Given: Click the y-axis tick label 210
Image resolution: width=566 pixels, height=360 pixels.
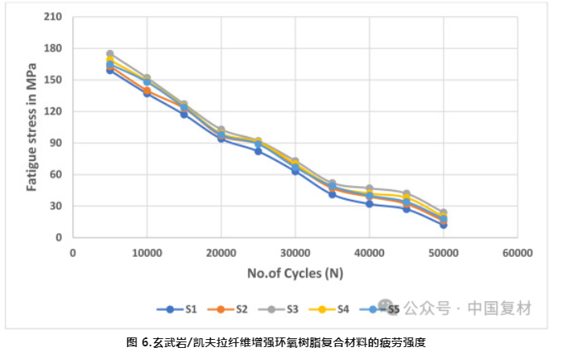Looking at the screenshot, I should click(x=52, y=17).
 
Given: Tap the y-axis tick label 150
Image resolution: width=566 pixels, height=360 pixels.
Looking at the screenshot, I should click(x=52, y=80).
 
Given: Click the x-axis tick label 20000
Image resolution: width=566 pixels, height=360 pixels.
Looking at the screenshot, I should click(x=221, y=252).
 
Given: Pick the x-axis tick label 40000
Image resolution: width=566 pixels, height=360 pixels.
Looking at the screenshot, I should click(x=369, y=252).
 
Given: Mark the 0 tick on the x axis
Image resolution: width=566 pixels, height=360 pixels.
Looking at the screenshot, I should click(x=72, y=252).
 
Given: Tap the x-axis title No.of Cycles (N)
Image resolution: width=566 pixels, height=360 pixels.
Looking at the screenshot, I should click(x=295, y=272).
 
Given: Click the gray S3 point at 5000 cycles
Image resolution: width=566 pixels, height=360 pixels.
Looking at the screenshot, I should click(x=109, y=54).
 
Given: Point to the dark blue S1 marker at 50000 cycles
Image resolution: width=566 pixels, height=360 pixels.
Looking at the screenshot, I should click(x=443, y=225).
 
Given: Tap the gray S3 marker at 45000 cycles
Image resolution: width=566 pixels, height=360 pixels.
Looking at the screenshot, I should click(x=406, y=193).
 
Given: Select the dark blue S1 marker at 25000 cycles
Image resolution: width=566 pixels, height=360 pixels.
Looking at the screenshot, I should click(x=258, y=151).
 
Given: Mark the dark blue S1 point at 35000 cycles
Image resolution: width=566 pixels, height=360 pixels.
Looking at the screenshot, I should click(x=332, y=194).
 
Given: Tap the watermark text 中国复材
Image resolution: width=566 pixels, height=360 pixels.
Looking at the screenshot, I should click(x=501, y=308).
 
